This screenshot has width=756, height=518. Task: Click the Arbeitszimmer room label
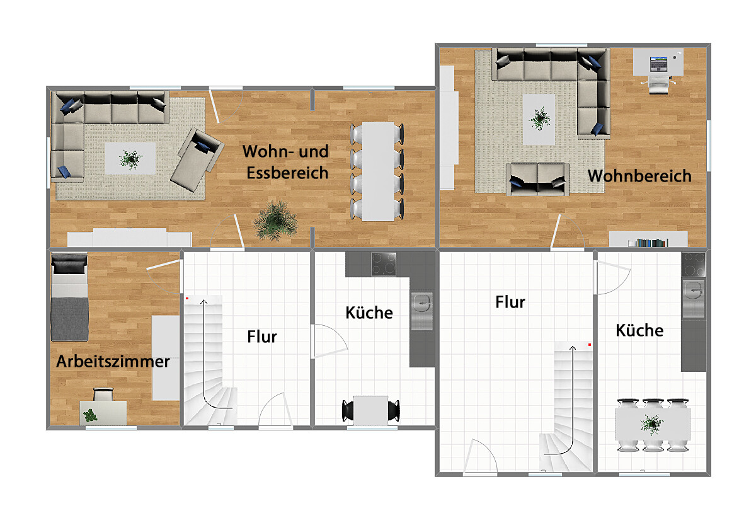(x=113, y=361)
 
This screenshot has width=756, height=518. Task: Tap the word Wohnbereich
(x=639, y=176)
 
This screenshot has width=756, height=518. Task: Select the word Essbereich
(x=287, y=173)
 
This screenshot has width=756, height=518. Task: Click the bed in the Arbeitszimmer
(x=69, y=297)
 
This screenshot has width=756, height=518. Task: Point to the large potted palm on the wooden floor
(x=276, y=220)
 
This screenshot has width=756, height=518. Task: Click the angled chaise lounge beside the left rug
(x=197, y=159)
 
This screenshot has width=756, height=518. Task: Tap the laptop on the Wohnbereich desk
(x=658, y=64)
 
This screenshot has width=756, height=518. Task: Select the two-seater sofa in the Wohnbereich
(x=537, y=180)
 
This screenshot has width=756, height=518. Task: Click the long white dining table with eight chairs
(x=377, y=172)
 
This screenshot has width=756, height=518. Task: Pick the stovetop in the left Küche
(x=384, y=264)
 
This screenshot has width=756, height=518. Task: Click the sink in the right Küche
(x=693, y=299)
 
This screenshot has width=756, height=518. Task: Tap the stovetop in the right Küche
(x=694, y=265)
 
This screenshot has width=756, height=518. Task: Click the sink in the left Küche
(x=422, y=311)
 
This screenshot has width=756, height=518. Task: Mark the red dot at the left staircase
(x=187, y=299)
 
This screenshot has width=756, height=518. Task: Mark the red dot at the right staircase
(x=590, y=345)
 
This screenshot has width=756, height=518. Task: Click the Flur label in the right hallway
(x=510, y=302)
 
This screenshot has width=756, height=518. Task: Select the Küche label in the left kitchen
(x=369, y=313)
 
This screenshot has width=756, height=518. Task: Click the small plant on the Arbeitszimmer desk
(x=90, y=416)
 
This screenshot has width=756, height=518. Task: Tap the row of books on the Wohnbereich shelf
(x=648, y=243)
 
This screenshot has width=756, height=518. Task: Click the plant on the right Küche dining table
(x=651, y=424)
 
